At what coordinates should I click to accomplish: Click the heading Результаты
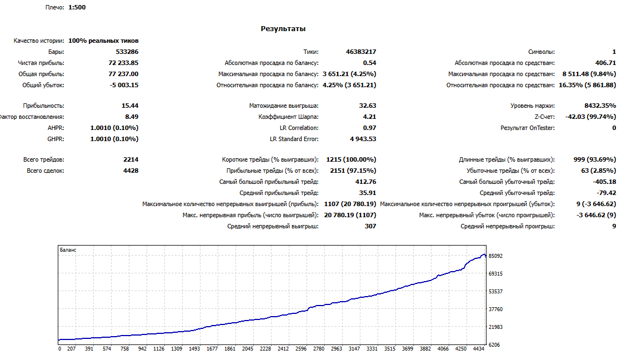point(283,29)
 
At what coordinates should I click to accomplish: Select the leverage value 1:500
point(77,7)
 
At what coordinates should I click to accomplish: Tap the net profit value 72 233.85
point(123,63)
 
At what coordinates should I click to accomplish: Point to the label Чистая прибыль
point(41,63)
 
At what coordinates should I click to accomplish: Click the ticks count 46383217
point(361,52)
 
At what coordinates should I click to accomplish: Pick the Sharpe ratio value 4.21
point(369,117)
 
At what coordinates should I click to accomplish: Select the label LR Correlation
point(299,128)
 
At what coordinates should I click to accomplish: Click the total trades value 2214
point(131,159)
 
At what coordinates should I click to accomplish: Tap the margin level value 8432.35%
point(600,106)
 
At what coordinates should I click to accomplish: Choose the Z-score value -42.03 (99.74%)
point(590,117)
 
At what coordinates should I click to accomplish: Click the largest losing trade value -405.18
point(605,182)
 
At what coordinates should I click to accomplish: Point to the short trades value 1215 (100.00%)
point(351,159)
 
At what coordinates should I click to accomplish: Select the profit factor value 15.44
point(130,106)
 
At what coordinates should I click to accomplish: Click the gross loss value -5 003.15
point(124,85)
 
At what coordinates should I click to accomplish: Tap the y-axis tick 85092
point(495,256)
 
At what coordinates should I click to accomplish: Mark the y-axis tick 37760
point(495,309)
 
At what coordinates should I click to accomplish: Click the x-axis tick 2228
point(265,349)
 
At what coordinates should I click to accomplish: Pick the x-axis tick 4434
point(479,349)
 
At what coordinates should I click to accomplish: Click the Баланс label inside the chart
point(68,250)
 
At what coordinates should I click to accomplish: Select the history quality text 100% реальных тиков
point(103,41)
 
